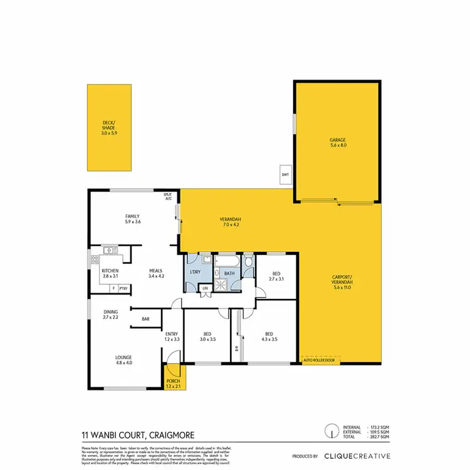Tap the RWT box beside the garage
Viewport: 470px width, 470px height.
coord(285,175)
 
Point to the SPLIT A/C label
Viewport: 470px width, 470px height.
coord(168,197)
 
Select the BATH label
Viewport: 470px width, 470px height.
coord(229,273)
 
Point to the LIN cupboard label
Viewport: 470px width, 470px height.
coord(205,288)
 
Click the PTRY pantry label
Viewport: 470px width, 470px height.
coord(123,288)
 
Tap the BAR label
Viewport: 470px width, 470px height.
coord(145,320)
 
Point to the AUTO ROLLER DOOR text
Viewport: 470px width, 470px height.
coord(319,361)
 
